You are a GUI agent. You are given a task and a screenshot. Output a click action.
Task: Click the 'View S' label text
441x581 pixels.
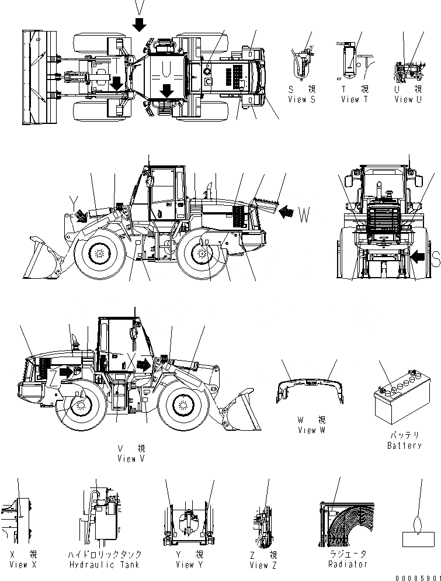(301, 99)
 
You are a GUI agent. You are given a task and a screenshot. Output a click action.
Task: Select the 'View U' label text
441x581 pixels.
(408, 99)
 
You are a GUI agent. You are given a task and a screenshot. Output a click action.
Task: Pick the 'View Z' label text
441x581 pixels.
(263, 565)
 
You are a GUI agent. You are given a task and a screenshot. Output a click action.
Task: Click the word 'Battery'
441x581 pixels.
(404, 445)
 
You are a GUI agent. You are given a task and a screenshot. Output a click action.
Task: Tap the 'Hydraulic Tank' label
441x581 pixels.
(105, 564)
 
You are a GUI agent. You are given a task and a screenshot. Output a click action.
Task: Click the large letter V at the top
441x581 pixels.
(138, 7)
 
